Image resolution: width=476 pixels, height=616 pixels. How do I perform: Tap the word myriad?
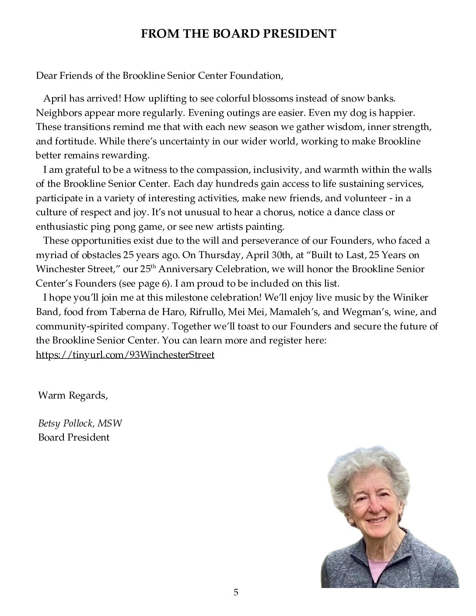click(50, 255)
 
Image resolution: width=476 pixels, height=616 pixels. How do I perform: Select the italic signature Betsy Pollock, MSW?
click(80, 423)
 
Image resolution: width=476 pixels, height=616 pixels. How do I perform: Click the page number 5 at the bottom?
click(236, 593)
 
